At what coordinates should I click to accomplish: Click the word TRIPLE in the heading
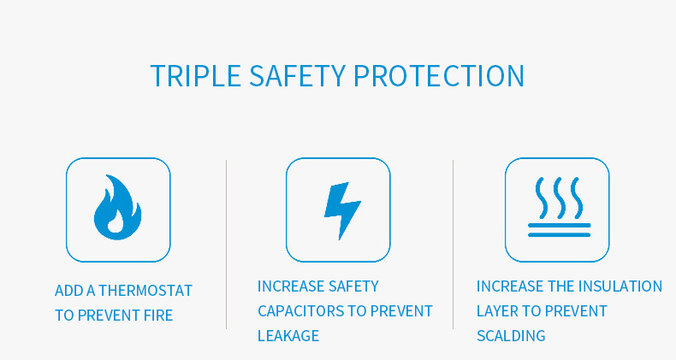[195, 76]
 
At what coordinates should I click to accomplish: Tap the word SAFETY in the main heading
[298, 76]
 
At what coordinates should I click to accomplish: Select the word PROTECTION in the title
[439, 76]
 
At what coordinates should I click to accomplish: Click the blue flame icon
[117, 207]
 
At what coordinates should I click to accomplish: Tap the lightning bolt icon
[342, 210]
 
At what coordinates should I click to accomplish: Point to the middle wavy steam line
[559, 198]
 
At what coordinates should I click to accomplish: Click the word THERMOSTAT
[145, 291]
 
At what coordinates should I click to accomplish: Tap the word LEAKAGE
[288, 335]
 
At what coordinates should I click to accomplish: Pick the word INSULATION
[620, 286]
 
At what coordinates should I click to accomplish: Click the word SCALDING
[511, 335]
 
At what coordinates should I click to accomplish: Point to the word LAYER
[496, 311]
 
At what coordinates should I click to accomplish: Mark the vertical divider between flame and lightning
[227, 245]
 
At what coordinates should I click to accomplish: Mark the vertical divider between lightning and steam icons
[453, 245]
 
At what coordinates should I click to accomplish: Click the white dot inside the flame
[116, 225]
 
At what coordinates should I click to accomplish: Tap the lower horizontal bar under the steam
[559, 234]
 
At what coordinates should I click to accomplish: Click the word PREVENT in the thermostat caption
[109, 316]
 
